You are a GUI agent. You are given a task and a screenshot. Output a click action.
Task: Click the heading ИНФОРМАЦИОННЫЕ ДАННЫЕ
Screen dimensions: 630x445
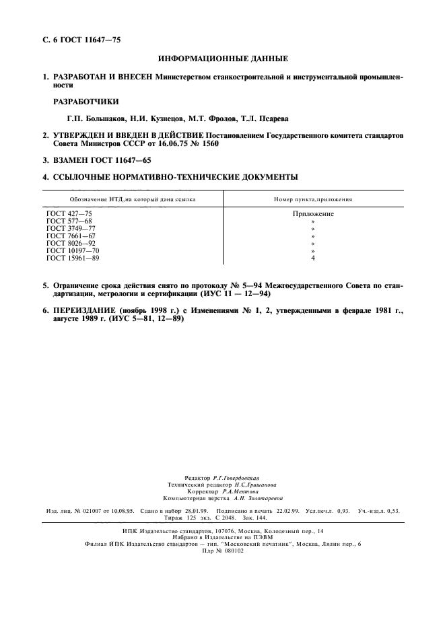[222, 60]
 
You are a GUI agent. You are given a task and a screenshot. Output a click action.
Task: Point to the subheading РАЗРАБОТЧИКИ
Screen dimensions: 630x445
[87, 102]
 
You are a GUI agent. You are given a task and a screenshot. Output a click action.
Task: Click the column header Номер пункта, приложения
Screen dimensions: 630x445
[313, 200]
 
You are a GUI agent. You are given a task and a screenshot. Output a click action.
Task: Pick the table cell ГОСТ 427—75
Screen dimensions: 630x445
[69, 214]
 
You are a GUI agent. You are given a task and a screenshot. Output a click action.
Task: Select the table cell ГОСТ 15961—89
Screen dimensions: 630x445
[73, 258]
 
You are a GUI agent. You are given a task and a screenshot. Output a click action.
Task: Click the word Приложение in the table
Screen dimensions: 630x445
[313, 214]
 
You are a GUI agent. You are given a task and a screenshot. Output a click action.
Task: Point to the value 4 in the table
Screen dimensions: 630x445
[313, 258]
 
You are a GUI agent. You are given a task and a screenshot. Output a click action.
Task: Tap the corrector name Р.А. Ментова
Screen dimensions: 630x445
[250, 491]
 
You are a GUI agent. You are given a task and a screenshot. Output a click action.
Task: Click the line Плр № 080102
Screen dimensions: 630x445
[222, 550]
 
